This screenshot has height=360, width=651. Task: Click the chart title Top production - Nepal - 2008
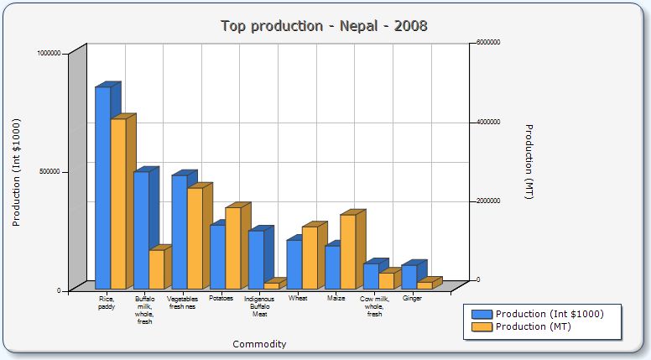coord(324,26)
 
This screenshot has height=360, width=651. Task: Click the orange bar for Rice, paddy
coord(118,203)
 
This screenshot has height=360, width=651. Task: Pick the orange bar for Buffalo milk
coord(156,269)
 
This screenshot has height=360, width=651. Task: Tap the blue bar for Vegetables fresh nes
coord(180,232)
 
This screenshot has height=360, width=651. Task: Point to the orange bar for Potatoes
coord(232,248)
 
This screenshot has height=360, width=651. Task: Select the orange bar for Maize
coord(347,251)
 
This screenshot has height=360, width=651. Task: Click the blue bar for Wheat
coord(294,264)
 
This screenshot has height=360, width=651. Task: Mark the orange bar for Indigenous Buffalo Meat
coord(271,285)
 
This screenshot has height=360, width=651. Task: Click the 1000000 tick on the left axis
coord(49,53)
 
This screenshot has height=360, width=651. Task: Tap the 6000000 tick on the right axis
coord(488,42)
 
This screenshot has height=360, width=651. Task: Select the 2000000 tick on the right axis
coord(488,201)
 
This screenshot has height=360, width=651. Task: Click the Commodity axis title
coord(259,344)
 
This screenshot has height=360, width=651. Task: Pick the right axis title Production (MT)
coord(529,161)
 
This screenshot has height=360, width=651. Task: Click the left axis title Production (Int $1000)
coord(16,171)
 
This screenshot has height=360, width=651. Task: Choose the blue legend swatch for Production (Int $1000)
coord(482,314)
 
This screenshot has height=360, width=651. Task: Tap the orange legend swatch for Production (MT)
coord(482,326)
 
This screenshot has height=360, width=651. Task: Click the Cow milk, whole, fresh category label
coord(375,305)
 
